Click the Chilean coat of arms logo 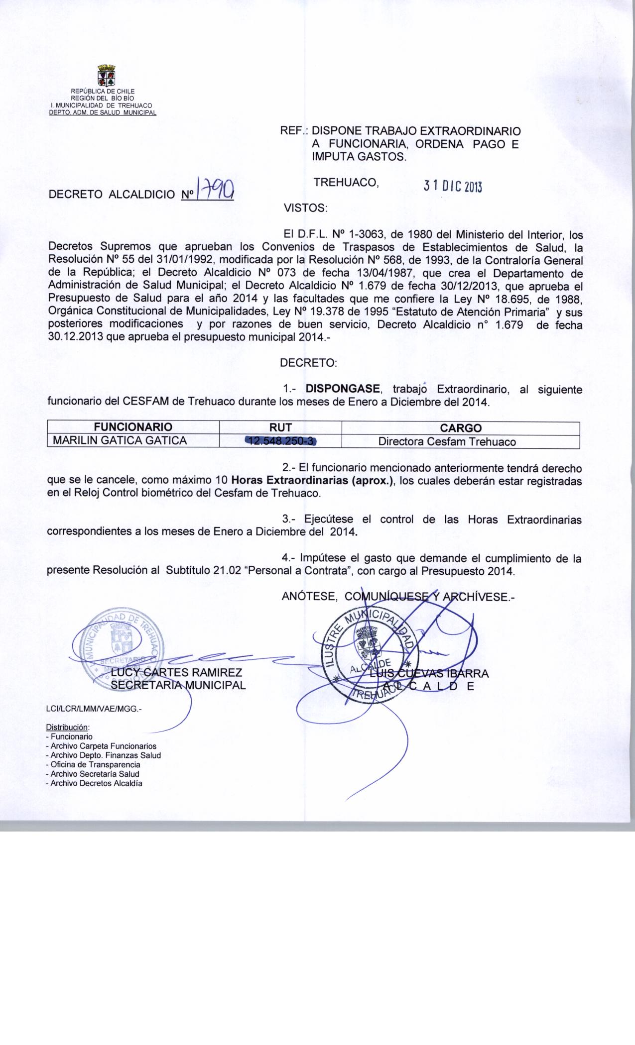(106, 76)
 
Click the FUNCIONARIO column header (133, 427)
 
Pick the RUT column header (280, 427)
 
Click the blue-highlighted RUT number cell (281, 440)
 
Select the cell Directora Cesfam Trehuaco (447, 441)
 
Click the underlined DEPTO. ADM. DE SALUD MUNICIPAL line (102, 112)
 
